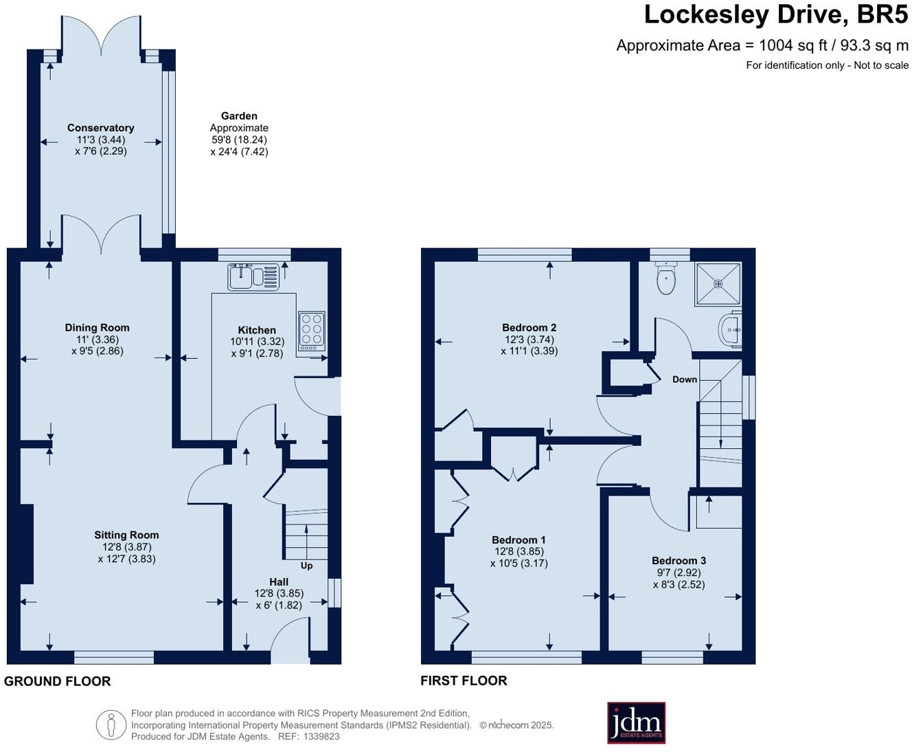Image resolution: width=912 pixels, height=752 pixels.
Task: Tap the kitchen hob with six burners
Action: (x=311, y=333)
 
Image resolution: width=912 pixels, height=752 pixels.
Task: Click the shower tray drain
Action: (x=718, y=283)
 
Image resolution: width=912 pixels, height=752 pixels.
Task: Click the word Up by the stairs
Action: (x=306, y=566)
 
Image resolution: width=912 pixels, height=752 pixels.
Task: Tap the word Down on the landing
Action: (x=684, y=379)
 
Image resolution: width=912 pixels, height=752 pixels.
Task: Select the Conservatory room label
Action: (x=100, y=128)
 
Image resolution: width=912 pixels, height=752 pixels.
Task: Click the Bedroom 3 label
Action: (x=679, y=561)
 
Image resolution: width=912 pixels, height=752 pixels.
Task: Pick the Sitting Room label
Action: (x=126, y=535)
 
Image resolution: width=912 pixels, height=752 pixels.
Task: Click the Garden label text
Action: (x=239, y=116)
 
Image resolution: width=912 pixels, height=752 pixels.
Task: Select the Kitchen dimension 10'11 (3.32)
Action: (x=257, y=342)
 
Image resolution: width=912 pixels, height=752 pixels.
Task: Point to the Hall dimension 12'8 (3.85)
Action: (x=279, y=593)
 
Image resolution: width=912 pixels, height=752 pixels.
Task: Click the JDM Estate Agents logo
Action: (x=636, y=722)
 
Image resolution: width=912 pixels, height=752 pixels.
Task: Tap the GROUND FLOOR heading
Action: (x=57, y=681)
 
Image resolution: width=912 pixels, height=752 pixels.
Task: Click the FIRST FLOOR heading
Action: (x=464, y=681)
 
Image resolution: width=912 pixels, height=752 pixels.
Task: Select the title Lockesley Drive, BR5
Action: (x=775, y=14)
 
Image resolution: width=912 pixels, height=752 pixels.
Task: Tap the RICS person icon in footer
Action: (x=111, y=725)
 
